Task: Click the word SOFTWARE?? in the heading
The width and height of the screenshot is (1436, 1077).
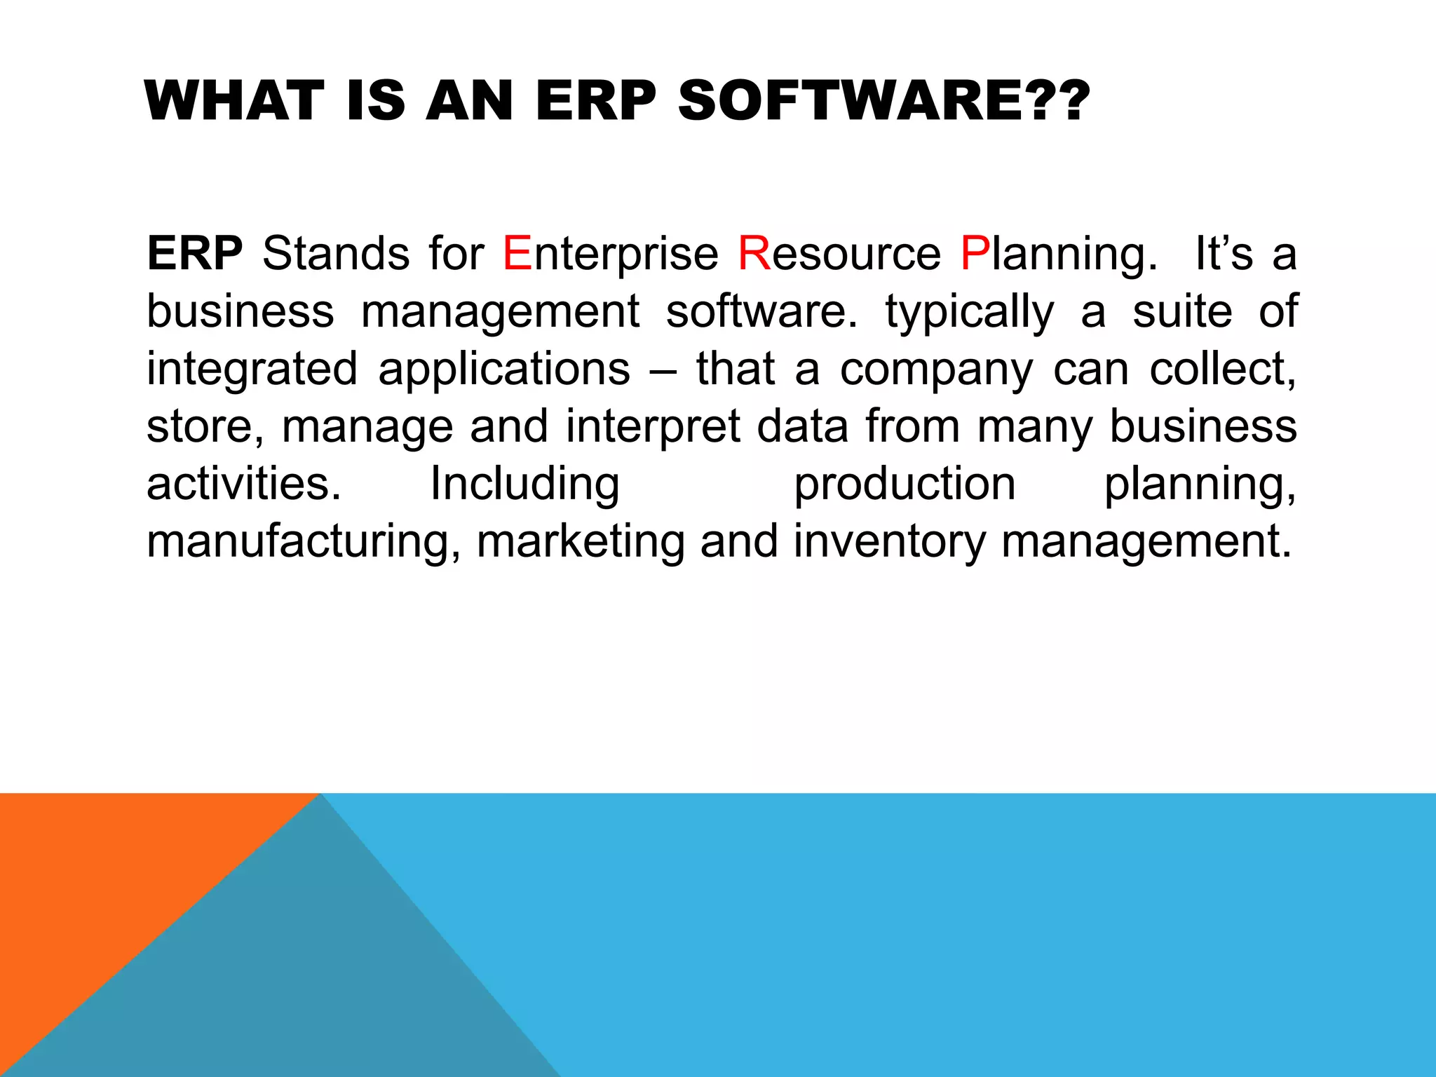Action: coord(883,102)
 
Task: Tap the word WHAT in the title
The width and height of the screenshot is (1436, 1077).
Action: coord(235,102)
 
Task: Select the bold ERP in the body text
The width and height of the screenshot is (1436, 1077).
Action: coord(194,254)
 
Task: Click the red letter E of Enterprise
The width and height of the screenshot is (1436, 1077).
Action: coord(517,254)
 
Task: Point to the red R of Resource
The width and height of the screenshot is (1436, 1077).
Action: coord(754,254)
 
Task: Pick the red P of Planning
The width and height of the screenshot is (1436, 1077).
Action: coord(975,254)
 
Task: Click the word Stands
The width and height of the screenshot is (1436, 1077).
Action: coord(336,254)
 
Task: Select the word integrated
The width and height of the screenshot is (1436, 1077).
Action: coord(252,370)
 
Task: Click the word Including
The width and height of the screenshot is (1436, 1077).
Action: coord(524,485)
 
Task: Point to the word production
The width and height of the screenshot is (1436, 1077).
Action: coord(905,485)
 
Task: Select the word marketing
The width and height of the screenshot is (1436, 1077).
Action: coord(581,543)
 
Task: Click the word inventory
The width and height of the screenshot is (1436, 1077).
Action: coord(889,543)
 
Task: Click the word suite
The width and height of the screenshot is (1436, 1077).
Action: coord(1182,311)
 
